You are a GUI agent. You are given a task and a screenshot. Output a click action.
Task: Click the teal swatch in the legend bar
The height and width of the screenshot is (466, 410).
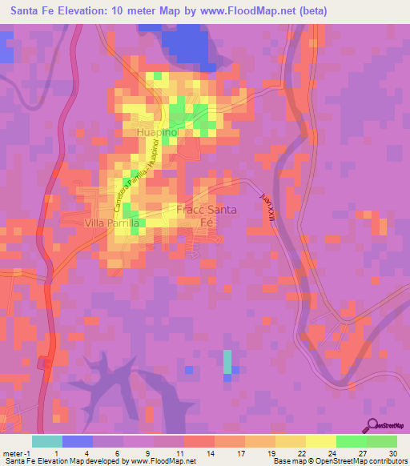[47, 441]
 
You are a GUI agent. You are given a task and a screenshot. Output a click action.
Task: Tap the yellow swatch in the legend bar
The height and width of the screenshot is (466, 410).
[320, 441]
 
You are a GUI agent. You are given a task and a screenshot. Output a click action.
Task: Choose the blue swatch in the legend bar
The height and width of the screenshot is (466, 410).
[78, 441]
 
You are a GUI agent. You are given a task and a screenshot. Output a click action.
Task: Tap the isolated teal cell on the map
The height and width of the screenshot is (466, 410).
[227, 361]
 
